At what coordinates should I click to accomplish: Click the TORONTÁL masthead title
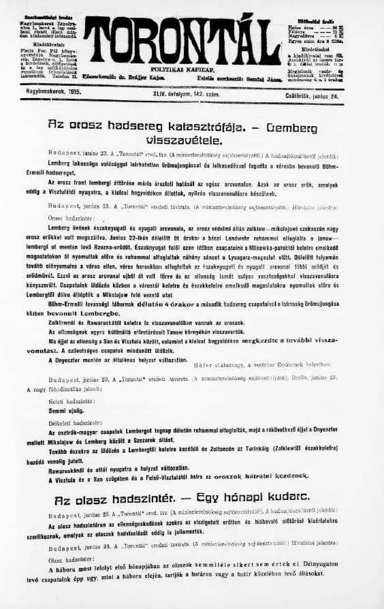tap(182, 41)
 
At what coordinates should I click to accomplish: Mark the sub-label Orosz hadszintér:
tap(65, 218)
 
